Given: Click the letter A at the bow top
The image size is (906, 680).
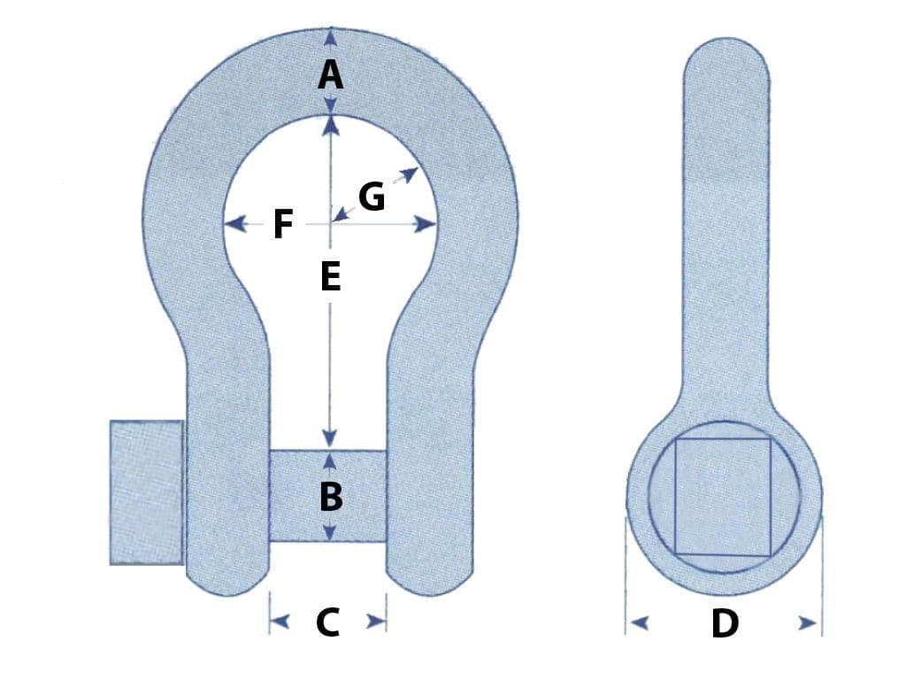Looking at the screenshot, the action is [330, 76].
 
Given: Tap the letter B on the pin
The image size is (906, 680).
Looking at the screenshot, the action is [331, 497].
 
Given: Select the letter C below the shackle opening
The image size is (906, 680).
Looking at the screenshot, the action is [327, 622].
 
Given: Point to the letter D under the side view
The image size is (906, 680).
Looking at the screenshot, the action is [725, 624].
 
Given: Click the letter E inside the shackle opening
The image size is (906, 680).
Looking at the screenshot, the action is [331, 276].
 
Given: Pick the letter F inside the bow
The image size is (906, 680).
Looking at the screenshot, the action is [282, 224].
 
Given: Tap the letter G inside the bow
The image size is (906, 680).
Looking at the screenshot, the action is [372, 197].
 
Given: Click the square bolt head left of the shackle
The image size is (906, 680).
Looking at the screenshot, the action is [147, 492].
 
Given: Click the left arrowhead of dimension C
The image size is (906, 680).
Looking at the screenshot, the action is [280, 622].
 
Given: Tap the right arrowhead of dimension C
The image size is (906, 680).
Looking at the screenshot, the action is [377, 622].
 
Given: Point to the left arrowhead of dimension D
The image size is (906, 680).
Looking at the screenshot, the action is [639, 623].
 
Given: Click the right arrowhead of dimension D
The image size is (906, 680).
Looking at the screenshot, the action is [808, 623].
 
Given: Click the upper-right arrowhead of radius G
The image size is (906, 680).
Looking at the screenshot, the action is [410, 174].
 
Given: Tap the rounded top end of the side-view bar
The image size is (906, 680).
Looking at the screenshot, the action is [727, 39].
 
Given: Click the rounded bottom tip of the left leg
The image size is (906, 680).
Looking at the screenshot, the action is [227, 594].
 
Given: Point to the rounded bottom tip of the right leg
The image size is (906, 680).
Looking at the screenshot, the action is [430, 594].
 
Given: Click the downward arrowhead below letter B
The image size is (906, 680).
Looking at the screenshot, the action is [330, 532].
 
